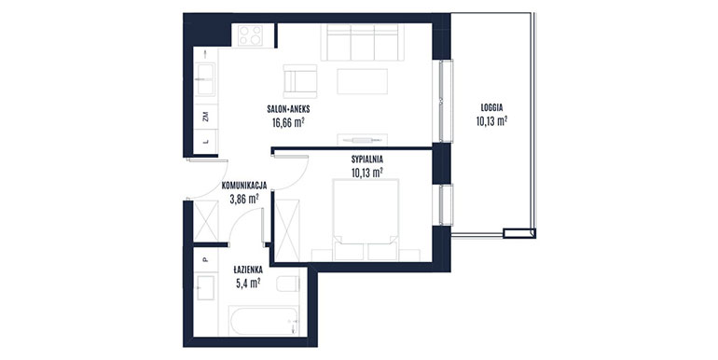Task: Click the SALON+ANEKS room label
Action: click(288, 109)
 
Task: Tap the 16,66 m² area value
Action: click(288, 122)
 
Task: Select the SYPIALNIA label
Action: click(367, 159)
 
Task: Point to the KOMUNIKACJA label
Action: click(244, 186)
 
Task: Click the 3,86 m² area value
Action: click(244, 199)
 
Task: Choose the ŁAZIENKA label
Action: click(248, 270)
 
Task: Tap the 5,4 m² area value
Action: click(248, 283)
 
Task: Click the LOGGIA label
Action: click(491, 108)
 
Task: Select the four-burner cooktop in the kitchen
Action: click(251, 35)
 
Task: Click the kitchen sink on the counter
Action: click(205, 78)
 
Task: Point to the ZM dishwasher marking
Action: click(206, 117)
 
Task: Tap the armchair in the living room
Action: click(300, 81)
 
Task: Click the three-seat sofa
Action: click(363, 42)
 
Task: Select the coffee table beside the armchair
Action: click(362, 81)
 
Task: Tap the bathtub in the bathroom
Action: click(264, 321)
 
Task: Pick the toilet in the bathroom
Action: click(288, 284)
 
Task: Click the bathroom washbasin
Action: click(205, 287)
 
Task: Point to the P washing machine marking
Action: click(205, 259)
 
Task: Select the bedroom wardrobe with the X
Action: click(287, 230)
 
